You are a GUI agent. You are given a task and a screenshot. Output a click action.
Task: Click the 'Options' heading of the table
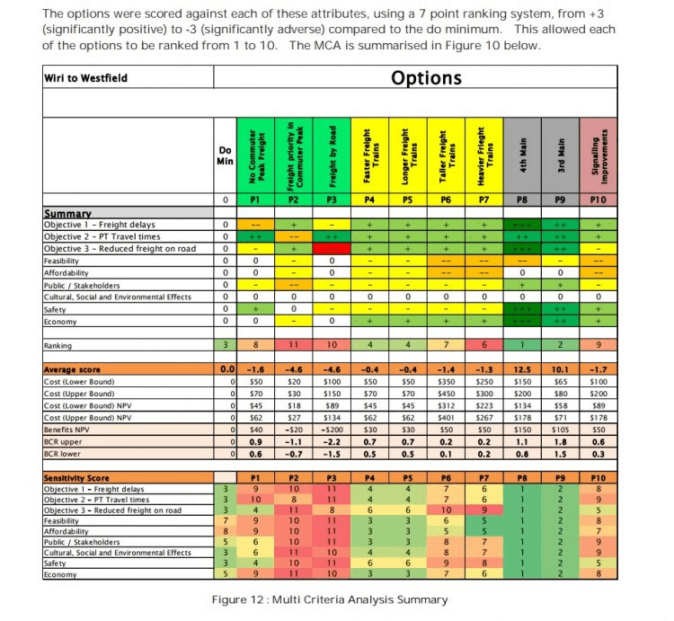(x=426, y=78)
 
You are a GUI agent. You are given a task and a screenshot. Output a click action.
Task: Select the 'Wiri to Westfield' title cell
(x=86, y=78)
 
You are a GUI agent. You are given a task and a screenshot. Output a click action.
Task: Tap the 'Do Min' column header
(x=226, y=155)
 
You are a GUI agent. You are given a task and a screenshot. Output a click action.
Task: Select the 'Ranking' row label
(x=58, y=345)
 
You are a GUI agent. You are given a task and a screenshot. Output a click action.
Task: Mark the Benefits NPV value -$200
(x=332, y=430)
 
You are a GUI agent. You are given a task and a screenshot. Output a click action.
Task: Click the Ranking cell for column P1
(x=255, y=345)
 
